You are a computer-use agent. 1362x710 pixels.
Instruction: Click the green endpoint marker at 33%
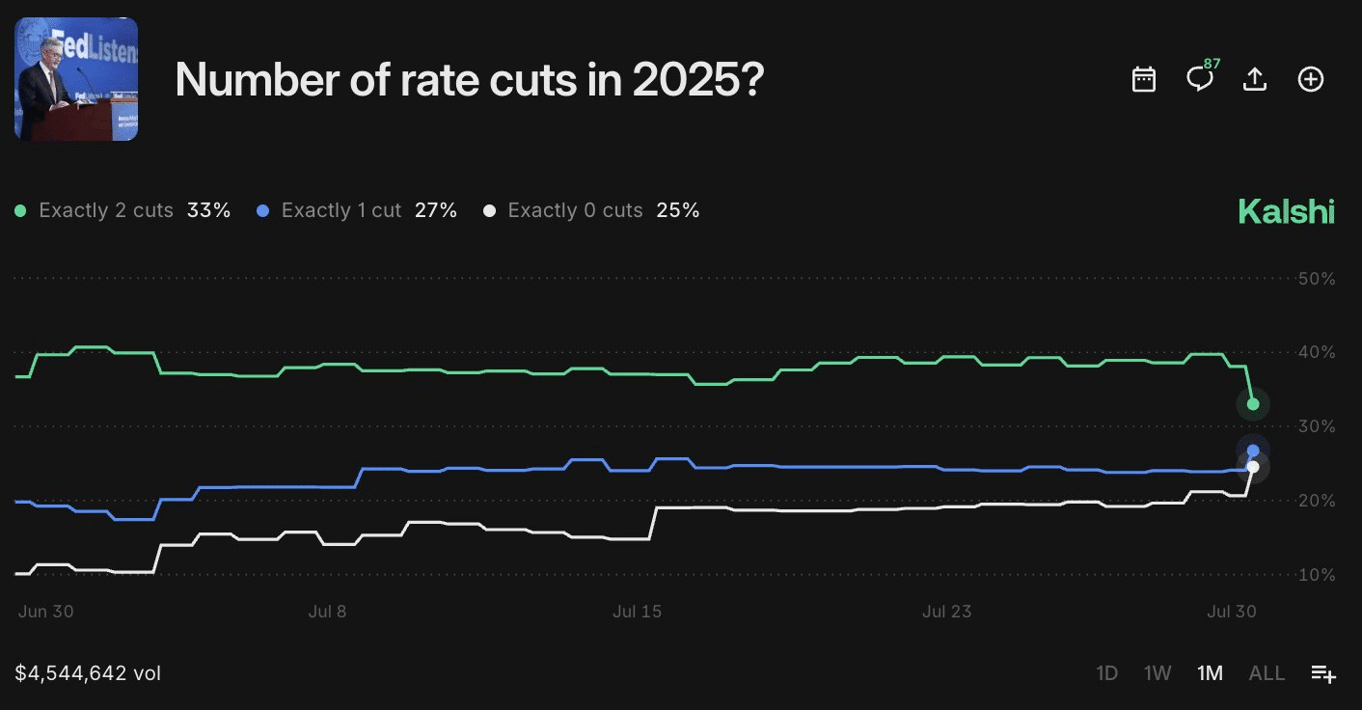click(x=1253, y=404)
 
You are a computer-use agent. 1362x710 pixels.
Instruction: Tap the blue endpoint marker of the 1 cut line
click(x=1253, y=451)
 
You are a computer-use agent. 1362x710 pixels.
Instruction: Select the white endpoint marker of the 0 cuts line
click(x=1253, y=467)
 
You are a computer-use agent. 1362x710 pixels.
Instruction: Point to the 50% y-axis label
click(x=1316, y=279)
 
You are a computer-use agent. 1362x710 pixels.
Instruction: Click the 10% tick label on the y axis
click(x=1316, y=575)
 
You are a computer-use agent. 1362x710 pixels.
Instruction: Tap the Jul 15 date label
click(x=638, y=612)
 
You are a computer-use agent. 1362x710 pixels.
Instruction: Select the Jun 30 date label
click(x=46, y=612)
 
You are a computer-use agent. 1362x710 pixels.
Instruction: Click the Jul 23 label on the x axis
click(x=946, y=612)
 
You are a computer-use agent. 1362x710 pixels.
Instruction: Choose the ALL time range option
click(x=1267, y=673)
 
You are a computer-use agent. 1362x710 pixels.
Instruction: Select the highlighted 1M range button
click(x=1210, y=673)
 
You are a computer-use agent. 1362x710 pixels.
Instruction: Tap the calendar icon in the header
click(x=1143, y=79)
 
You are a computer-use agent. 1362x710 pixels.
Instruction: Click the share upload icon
click(x=1254, y=79)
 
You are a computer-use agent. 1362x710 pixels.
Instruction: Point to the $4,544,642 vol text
click(x=88, y=673)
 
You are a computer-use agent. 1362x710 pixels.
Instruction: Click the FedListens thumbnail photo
click(x=76, y=79)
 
